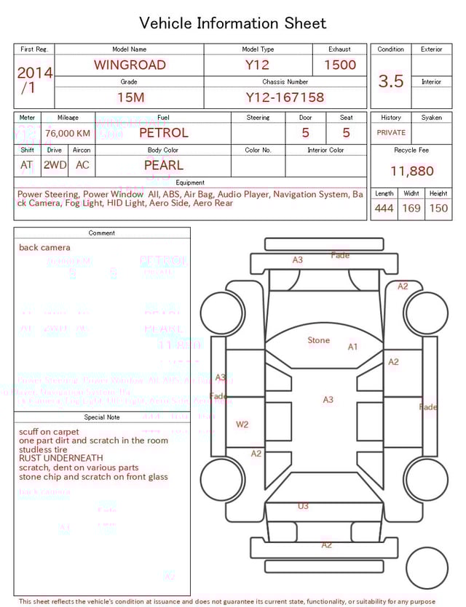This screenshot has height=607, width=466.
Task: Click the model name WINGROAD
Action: point(130,65)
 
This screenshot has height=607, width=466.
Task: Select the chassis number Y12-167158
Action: point(285,97)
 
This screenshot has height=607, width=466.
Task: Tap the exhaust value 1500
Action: point(339,65)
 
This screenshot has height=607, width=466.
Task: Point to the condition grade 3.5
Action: point(391,81)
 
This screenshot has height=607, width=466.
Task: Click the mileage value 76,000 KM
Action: point(68,133)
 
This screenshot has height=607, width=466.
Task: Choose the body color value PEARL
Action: point(164,165)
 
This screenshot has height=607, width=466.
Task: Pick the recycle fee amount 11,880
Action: point(411,172)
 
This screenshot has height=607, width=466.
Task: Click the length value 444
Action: point(384,209)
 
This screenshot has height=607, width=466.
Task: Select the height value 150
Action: point(438,209)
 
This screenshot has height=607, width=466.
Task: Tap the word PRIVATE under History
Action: point(391,133)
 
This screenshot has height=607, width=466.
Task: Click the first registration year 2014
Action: point(34,73)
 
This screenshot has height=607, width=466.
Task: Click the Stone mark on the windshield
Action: point(318,340)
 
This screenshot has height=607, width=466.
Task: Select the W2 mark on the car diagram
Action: point(242,424)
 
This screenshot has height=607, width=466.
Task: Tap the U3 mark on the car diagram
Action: point(303,506)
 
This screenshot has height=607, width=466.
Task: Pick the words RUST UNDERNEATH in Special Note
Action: point(61,459)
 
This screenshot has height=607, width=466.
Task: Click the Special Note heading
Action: point(102,417)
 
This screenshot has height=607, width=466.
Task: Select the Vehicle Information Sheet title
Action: point(233,23)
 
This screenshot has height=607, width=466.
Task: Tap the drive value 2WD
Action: point(55,165)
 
